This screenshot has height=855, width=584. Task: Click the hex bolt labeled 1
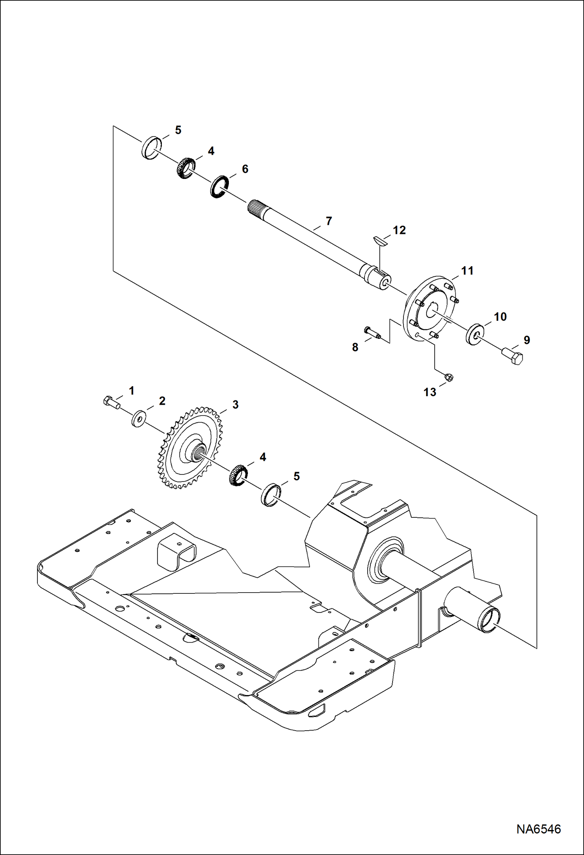point(111,402)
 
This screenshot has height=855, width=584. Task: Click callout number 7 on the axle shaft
point(329,221)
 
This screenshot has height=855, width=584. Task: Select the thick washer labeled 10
point(475,334)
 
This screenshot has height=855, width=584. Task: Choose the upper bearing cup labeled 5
point(151,148)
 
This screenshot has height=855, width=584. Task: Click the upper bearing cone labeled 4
point(184,168)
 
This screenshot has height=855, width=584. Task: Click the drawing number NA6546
point(538,828)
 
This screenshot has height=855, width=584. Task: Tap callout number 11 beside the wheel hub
point(467,271)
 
